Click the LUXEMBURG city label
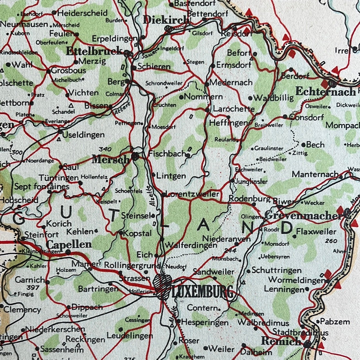click(203, 293)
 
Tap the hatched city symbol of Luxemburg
click(162, 283)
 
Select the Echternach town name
click(325, 92)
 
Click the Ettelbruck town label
click(94, 51)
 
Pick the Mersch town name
click(110, 160)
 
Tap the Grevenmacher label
click(303, 216)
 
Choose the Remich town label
click(281, 341)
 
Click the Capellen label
click(69, 244)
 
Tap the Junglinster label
click(251, 181)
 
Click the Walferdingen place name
click(191, 245)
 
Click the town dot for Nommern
click(181, 97)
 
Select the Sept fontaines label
click(42, 186)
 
